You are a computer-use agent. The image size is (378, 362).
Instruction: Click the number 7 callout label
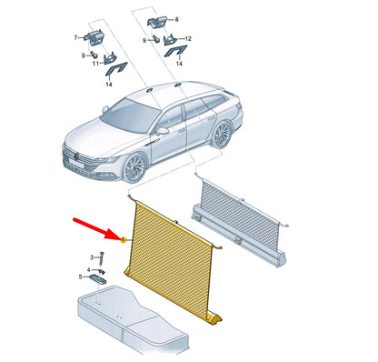[75, 37]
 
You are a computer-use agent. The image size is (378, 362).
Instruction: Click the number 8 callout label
[177, 20]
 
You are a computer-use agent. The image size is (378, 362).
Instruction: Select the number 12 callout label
[188, 39]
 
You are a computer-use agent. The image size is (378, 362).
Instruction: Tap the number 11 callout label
[95, 64]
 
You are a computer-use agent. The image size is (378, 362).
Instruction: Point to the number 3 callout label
[92, 257]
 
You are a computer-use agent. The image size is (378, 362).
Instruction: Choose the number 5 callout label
[80, 277]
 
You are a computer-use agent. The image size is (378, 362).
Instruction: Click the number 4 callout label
[88, 269]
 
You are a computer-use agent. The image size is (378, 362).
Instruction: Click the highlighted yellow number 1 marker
[124, 240]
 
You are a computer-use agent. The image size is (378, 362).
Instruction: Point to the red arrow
[97, 228]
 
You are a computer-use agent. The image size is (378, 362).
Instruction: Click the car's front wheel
[134, 167]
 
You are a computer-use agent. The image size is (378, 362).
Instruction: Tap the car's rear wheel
[223, 135]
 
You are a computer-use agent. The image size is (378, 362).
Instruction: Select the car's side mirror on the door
[163, 131]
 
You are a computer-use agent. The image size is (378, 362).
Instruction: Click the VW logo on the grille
[77, 156]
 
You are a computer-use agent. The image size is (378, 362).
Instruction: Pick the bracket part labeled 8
[157, 23]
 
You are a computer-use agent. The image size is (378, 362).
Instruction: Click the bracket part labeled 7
[94, 36]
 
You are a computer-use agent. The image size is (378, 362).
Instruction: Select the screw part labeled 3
[102, 256]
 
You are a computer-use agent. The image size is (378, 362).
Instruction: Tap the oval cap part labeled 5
[97, 278]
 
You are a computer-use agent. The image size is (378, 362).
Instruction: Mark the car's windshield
[131, 116]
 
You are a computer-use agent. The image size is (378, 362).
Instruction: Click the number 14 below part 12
[179, 64]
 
